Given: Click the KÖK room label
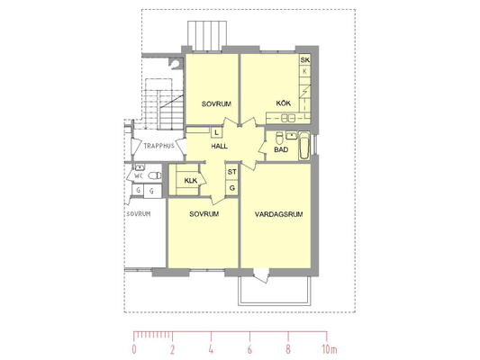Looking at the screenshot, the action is [283, 103].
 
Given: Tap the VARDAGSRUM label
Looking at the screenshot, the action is [278, 214].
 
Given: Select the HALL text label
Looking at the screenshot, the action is [219, 146].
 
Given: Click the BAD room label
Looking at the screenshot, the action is [281, 149].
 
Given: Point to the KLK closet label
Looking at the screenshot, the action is [190, 181].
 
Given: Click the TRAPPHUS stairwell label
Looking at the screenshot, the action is [158, 146].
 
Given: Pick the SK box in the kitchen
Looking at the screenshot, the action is [305, 60].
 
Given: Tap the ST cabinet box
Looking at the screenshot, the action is [232, 172].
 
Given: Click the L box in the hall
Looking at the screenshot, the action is [217, 132].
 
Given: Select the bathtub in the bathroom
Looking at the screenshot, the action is [304, 146].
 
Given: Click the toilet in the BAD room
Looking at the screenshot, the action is [279, 139].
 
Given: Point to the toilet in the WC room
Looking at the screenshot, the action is [155, 175].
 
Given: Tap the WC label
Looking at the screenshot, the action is [139, 175].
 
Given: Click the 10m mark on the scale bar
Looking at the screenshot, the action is [330, 349].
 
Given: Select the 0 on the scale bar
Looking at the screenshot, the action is [134, 349].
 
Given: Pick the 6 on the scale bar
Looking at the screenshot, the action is [249, 349].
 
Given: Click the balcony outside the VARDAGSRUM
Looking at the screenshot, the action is [275, 291].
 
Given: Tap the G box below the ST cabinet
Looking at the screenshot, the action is [232, 188].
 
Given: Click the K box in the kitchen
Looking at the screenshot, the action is [304, 71].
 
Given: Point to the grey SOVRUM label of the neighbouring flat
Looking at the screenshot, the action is [139, 214].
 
